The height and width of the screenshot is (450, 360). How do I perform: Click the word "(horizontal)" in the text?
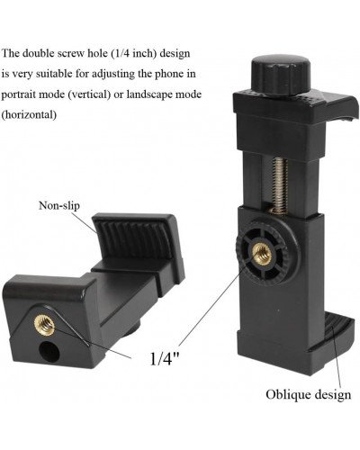[29, 114]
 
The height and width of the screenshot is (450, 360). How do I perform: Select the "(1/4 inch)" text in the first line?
[157, 52]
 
